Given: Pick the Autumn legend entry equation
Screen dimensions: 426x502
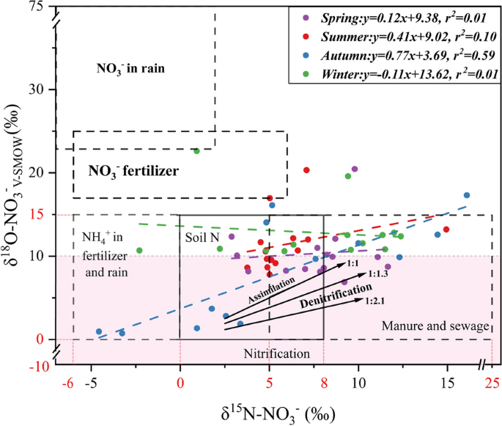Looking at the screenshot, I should pos(405,54).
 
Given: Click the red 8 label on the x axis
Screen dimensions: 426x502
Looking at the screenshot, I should pos(323,382).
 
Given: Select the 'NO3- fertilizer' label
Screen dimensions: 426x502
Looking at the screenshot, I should pos(133,171).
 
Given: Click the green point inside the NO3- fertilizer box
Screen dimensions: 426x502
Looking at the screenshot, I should pos(196,151).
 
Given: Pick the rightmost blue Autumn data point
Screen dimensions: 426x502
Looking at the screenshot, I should pos(466,196).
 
